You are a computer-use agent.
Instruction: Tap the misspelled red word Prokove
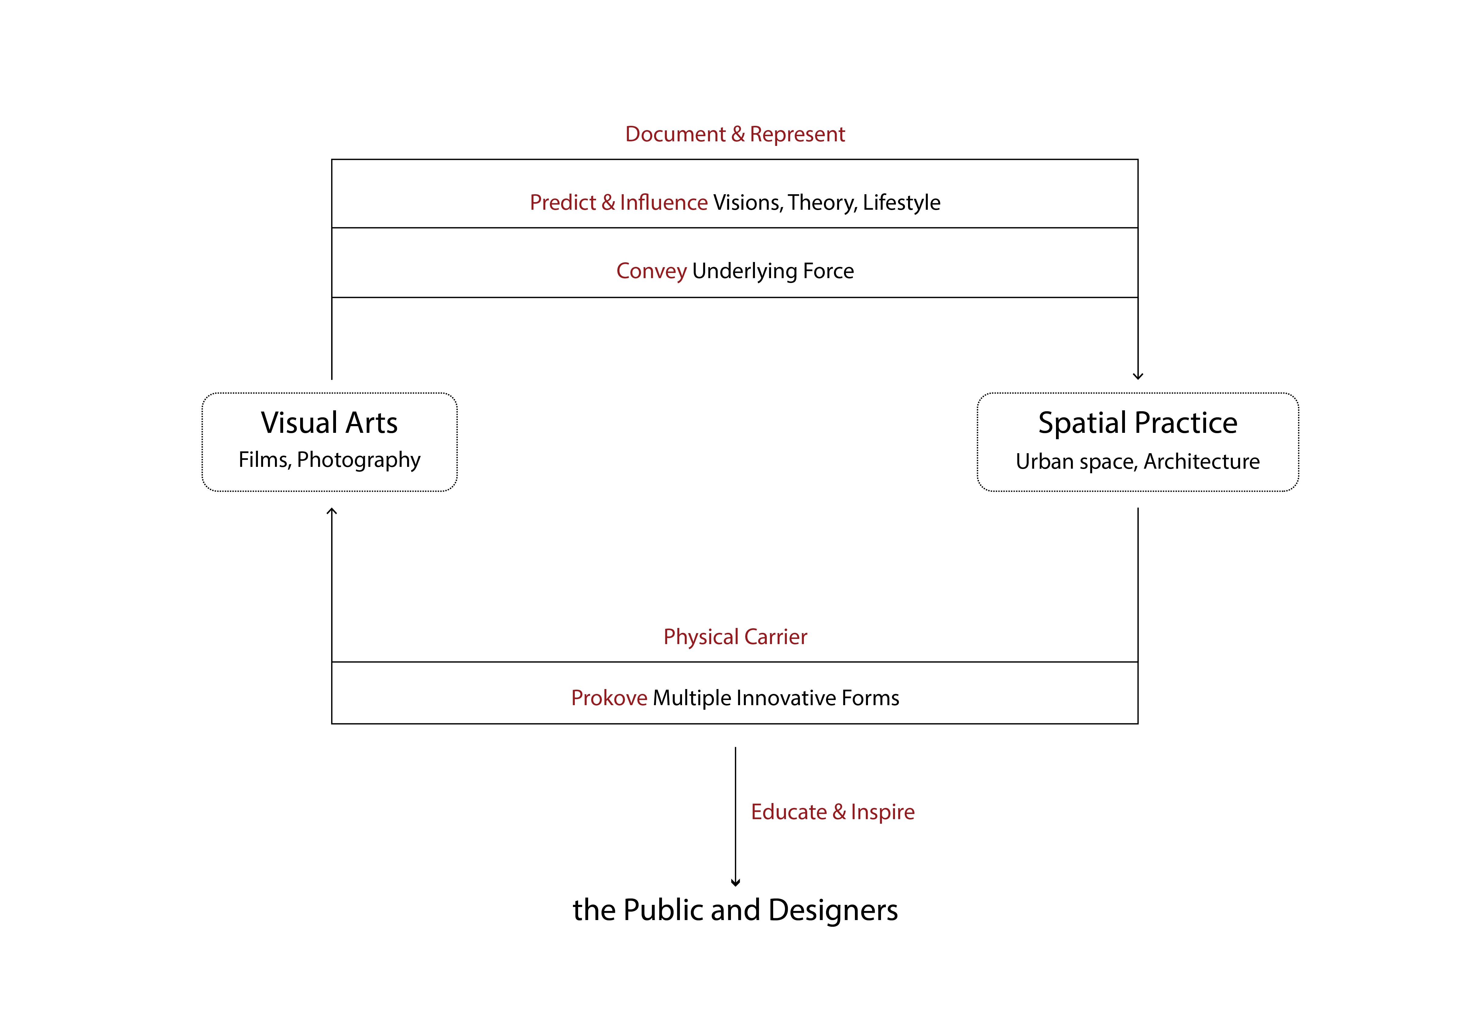[609, 698]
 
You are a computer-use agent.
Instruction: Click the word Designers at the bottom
[833, 910]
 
